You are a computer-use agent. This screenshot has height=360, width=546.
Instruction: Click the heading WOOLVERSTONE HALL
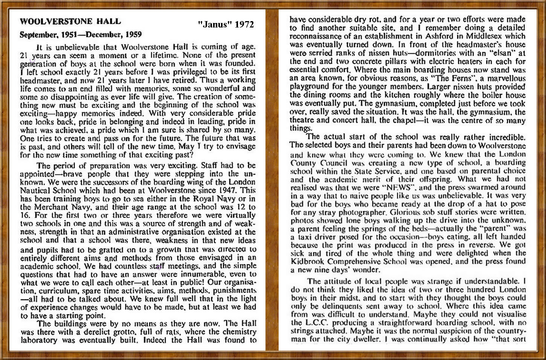point(70,21)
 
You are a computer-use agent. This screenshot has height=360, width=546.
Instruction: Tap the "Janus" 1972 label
point(226,24)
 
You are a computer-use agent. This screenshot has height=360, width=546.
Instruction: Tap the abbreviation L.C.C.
point(316,323)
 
